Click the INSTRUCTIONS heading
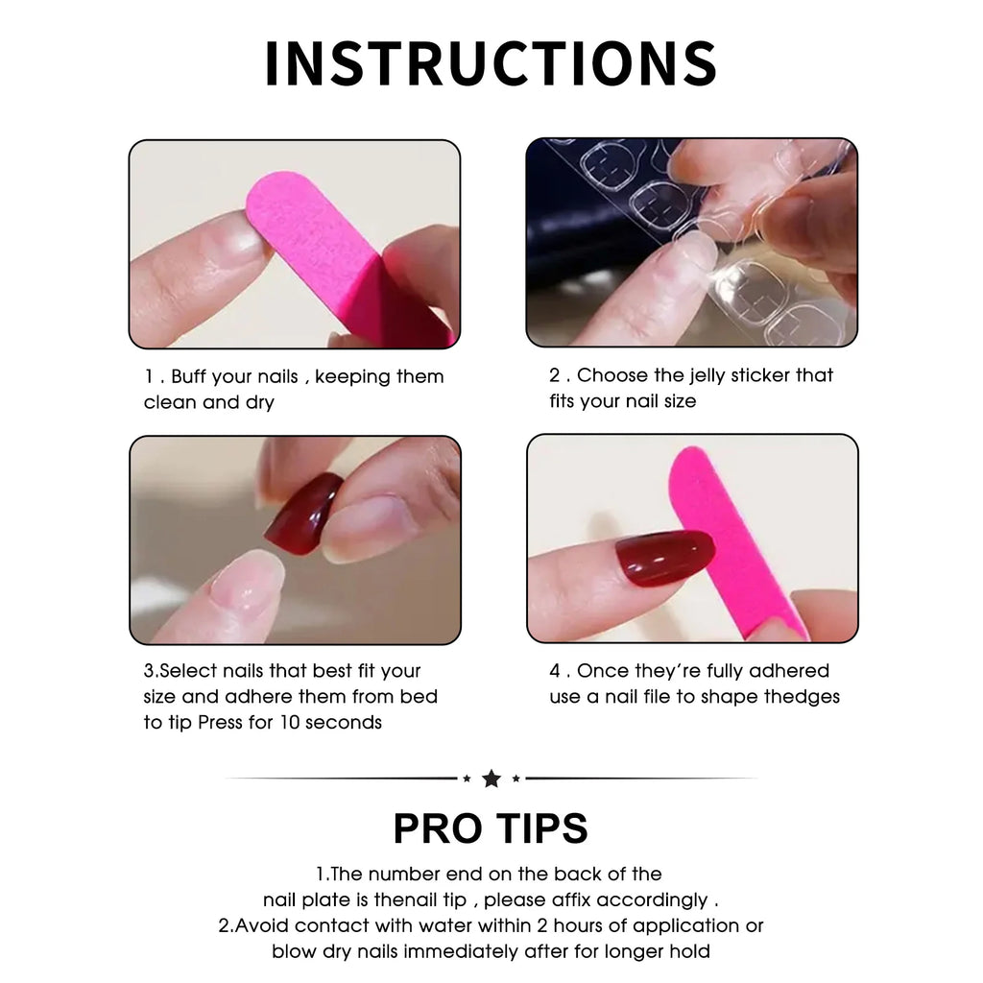491,63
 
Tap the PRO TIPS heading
491,827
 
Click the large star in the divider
491,779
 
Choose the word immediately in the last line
497,952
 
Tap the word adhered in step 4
788,671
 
